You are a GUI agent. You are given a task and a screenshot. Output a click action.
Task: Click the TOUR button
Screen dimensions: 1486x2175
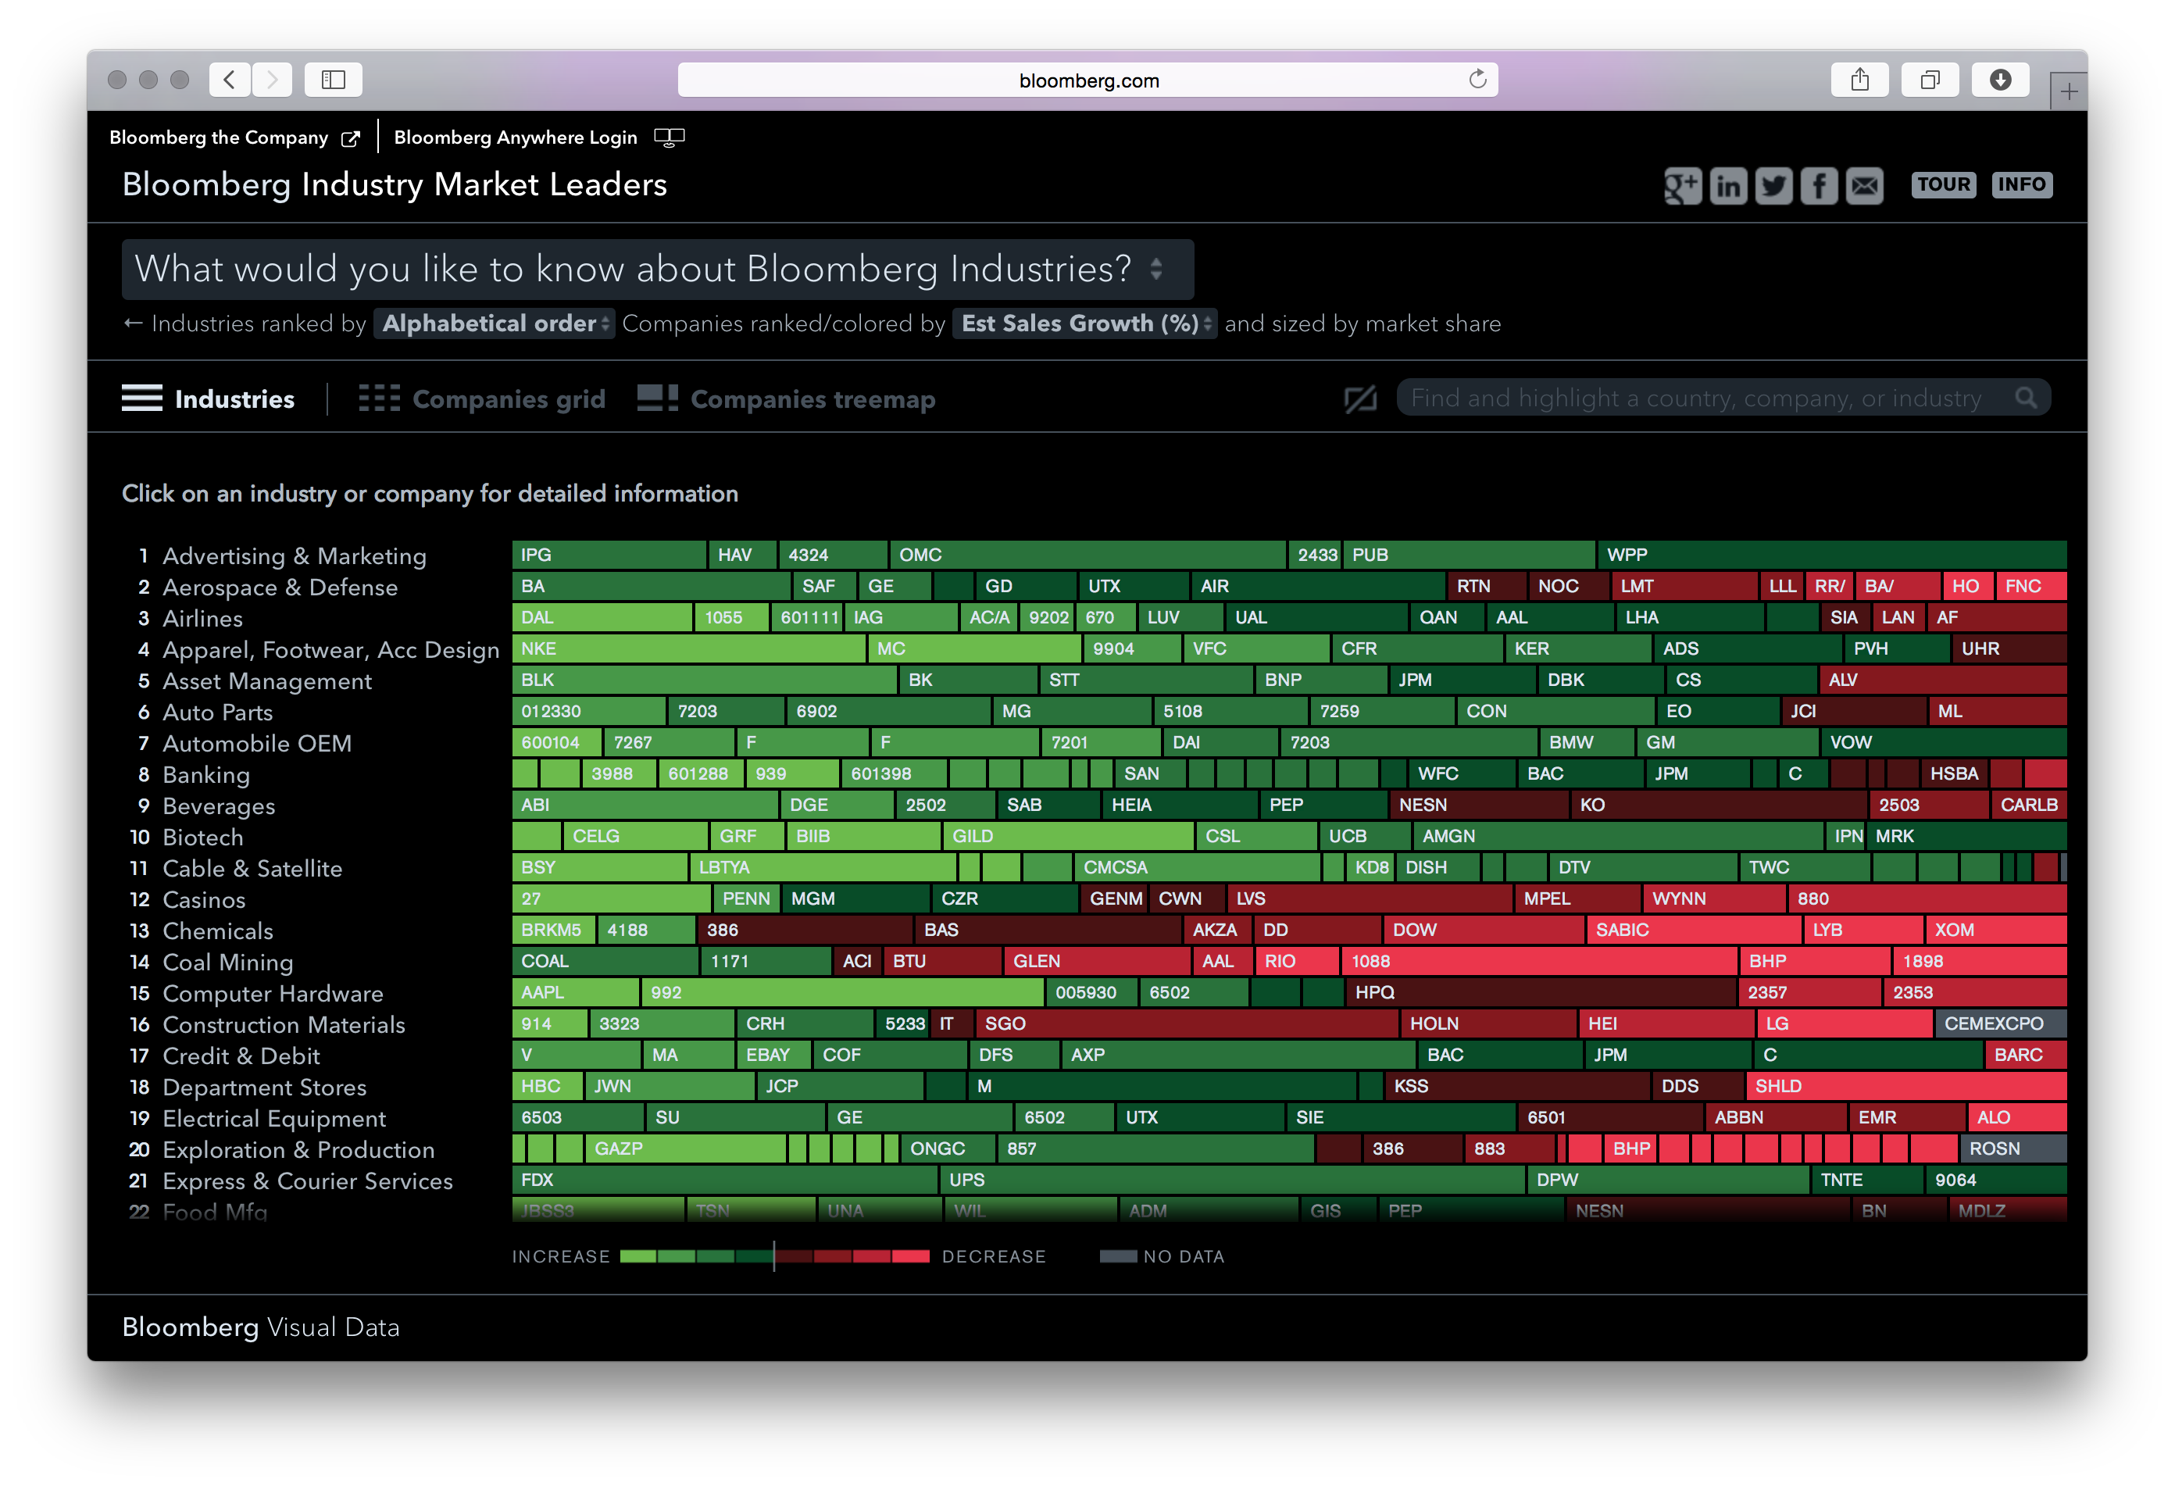pyautogui.click(x=1943, y=184)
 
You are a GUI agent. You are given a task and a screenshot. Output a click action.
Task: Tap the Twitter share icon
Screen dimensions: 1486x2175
pyautogui.click(x=1773, y=186)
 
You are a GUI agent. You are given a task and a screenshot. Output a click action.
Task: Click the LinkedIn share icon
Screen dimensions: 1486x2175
pyautogui.click(x=1727, y=186)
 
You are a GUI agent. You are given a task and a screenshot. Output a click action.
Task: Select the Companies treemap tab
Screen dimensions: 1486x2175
pyautogui.click(x=786, y=398)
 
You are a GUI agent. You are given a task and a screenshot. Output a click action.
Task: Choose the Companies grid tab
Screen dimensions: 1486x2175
pyautogui.click(x=482, y=398)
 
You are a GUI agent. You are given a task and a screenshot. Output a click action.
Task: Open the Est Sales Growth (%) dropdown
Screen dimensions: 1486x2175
pyautogui.click(x=1084, y=323)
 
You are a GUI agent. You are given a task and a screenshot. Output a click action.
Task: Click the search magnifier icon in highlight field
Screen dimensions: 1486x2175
pyautogui.click(x=2025, y=398)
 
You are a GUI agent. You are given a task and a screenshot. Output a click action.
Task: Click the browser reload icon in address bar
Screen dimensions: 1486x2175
pyautogui.click(x=1477, y=80)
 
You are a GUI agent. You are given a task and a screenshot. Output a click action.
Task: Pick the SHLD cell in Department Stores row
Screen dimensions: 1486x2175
pyautogui.click(x=1905, y=1085)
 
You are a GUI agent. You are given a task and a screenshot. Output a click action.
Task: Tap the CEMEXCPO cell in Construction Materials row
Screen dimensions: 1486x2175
pyautogui.click(x=2000, y=1023)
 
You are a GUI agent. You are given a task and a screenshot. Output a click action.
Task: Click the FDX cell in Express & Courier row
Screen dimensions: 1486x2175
pyautogui.click(x=724, y=1180)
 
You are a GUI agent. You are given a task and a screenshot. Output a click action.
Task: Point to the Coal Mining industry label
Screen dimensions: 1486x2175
pyautogui.click(x=227, y=962)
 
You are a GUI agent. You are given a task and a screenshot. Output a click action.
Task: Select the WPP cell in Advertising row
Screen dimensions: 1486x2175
pyautogui.click(x=1830, y=555)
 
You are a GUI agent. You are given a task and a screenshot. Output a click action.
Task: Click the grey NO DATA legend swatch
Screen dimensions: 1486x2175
pyautogui.click(x=1117, y=1257)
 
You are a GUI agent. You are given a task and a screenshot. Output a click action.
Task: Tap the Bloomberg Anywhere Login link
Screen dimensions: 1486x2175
pyautogui.click(x=515, y=138)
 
